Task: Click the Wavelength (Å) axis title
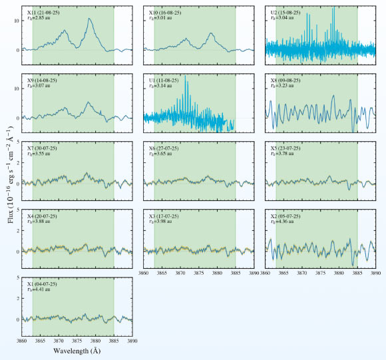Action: click(77, 351)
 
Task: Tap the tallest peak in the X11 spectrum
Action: click(89, 19)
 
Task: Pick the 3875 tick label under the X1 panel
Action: click(77, 341)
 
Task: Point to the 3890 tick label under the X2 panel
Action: click(376, 273)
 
